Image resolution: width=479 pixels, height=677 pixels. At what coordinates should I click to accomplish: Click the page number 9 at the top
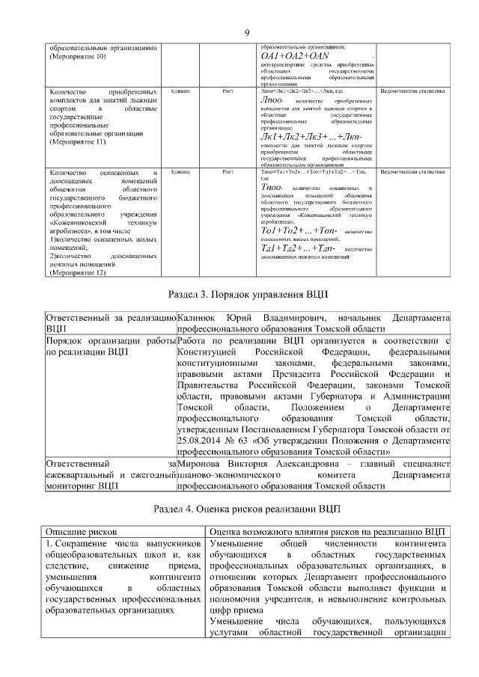pos(245,31)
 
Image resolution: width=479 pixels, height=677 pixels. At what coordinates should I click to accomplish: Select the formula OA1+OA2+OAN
pos(294,57)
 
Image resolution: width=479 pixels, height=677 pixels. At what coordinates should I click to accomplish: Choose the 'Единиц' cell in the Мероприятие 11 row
pos(180,91)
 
